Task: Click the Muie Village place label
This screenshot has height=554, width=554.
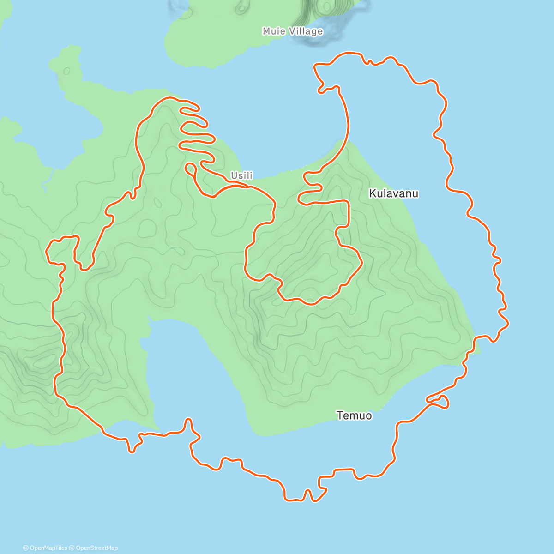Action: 293,31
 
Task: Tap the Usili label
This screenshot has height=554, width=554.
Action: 242,176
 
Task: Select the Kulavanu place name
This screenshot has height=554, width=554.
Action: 394,193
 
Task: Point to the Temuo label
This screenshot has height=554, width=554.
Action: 354,415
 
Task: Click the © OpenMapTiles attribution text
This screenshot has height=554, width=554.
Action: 45,548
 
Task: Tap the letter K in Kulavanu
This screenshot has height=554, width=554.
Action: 372,193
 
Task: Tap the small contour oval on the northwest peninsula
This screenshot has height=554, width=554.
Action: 67,71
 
